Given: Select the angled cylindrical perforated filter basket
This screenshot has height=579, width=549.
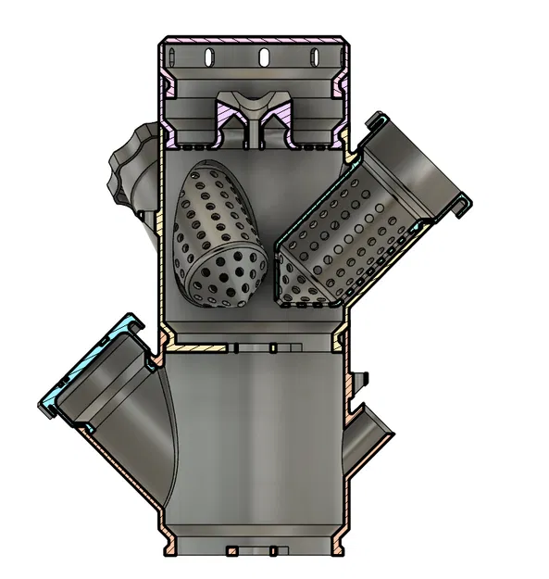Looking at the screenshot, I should click(343, 236).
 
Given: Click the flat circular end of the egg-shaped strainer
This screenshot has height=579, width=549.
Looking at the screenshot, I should click(227, 278).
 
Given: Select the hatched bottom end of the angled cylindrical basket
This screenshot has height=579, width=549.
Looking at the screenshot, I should click(310, 298).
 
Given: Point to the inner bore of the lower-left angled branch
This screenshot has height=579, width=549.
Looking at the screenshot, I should click(130, 417).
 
